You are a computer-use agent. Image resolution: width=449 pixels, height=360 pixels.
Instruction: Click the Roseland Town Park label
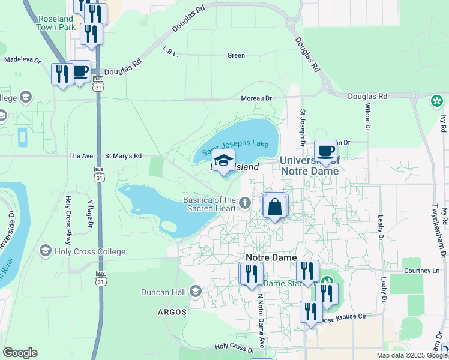tap(56, 23)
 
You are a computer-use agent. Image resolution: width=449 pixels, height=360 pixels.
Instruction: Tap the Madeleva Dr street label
tap(22, 60)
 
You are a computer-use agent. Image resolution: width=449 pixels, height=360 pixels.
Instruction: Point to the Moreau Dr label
tap(256, 98)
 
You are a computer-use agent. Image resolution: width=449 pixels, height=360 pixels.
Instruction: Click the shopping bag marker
tap(274, 207)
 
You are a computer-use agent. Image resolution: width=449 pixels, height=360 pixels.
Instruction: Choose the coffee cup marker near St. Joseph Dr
tap(325, 152)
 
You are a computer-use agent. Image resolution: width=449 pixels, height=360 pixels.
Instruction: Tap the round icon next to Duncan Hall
tap(195, 292)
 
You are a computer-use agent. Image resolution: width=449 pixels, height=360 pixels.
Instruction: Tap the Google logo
tap(20, 353)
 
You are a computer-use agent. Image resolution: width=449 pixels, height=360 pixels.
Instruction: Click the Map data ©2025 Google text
tap(412, 355)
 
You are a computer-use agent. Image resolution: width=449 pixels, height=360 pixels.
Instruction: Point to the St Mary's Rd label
tap(123, 156)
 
